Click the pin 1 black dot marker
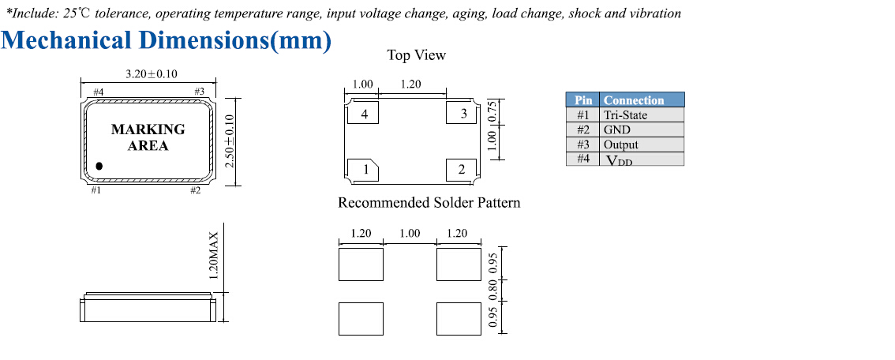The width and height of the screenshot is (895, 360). [x=100, y=166]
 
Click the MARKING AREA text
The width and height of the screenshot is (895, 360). [x=148, y=137]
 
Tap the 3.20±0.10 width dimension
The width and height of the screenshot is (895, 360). [x=152, y=74]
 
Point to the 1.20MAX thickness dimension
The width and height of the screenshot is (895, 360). [x=213, y=255]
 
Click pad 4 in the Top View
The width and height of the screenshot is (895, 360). [x=363, y=114]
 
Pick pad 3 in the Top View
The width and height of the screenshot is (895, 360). [x=463, y=114]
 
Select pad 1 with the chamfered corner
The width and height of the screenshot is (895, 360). [x=365, y=168]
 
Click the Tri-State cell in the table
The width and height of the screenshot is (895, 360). [x=625, y=115]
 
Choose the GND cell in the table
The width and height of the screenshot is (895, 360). [x=617, y=129]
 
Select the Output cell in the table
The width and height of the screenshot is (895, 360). [x=621, y=144]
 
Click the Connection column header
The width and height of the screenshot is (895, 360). [x=634, y=100]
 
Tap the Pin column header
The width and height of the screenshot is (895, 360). [x=583, y=100]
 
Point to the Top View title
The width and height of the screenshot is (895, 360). [x=416, y=55]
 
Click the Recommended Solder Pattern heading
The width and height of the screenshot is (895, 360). [x=429, y=203]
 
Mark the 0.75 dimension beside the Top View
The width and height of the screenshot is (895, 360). [x=492, y=111]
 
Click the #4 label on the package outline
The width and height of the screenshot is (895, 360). [x=99, y=92]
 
